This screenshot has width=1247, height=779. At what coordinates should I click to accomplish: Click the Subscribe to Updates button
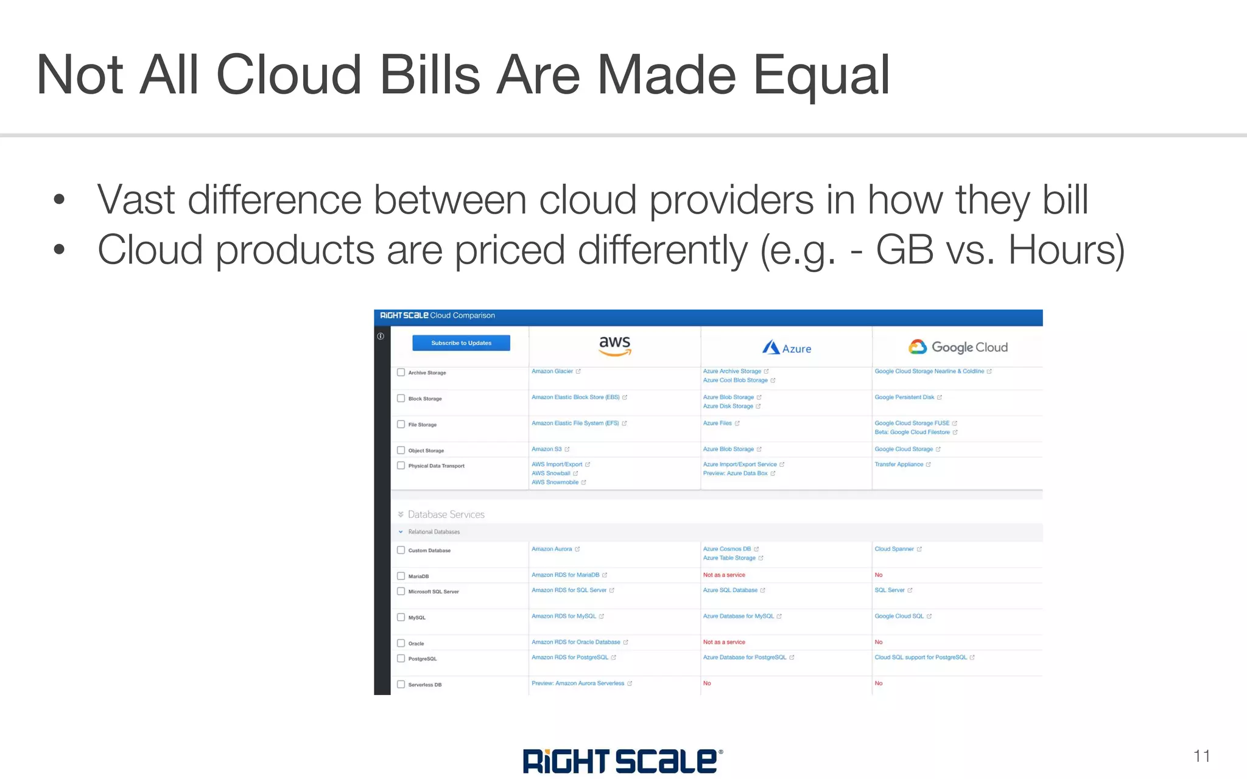coord(461,343)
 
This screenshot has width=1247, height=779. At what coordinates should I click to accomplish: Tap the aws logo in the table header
coord(615,345)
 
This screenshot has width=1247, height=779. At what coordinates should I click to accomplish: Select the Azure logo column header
coord(787,348)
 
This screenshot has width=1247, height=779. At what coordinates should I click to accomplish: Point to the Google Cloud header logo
coord(958,347)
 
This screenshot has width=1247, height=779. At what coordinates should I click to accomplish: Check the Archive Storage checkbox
coord(401,372)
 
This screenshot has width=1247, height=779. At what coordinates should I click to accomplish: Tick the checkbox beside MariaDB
coord(401,576)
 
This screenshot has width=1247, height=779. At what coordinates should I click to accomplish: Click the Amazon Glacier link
coord(552,371)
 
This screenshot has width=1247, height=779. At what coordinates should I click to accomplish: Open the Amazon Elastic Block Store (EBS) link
coord(575,397)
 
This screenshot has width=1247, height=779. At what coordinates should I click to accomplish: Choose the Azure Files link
coord(717,423)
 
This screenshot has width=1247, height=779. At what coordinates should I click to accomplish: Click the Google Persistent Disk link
coord(904,397)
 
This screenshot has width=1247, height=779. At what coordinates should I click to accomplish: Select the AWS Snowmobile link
coord(555,482)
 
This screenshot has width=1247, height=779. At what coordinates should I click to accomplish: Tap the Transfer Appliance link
coord(899,464)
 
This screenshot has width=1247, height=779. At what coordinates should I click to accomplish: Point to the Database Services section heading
coord(446,514)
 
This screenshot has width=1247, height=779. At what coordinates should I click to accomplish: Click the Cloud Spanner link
coord(894,549)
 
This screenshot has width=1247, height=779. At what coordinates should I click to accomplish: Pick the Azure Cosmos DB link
coord(727,549)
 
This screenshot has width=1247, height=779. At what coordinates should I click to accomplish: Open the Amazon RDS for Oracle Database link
coord(575,642)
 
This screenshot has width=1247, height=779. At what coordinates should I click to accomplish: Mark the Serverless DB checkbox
coord(401,684)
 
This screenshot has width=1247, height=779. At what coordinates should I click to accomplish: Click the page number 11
coord(1201,756)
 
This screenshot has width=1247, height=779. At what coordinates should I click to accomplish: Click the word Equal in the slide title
coord(822,75)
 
